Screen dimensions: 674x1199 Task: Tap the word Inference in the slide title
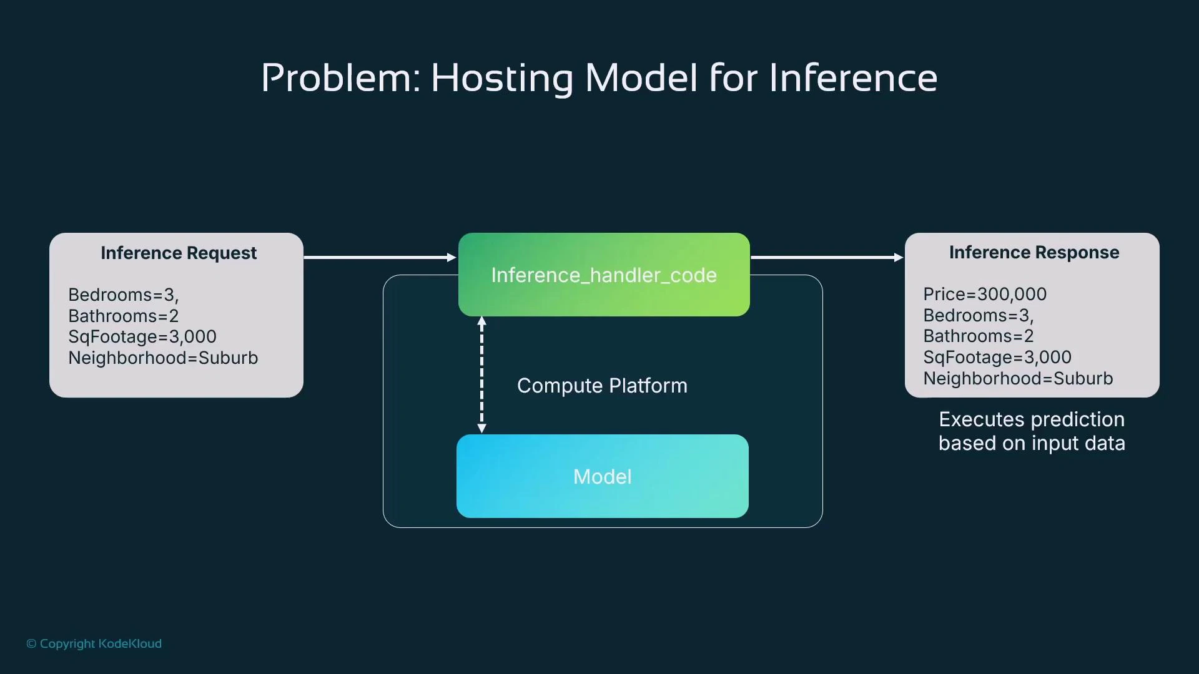tap(852, 79)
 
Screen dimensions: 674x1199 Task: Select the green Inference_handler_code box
tap(603, 275)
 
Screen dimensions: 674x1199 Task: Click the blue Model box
tap(602, 477)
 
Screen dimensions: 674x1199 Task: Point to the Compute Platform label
tap(602, 386)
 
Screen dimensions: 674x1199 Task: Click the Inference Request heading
tap(179, 253)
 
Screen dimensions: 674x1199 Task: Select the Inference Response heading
tap(1034, 253)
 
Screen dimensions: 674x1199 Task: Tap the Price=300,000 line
tap(985, 294)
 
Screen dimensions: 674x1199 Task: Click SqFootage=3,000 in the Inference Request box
tap(142, 337)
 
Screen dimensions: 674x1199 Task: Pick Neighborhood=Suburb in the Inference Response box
tap(1018, 379)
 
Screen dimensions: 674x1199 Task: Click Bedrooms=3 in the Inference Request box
tap(123, 295)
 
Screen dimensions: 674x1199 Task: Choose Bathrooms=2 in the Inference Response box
tap(978, 336)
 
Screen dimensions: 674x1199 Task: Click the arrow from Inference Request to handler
tap(380, 257)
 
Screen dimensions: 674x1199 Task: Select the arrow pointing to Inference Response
tap(826, 257)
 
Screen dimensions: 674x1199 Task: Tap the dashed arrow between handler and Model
tap(481, 374)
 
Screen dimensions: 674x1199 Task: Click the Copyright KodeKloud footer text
tap(94, 643)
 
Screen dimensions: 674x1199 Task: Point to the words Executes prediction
tap(1031, 419)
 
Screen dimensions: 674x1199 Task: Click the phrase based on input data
tap(1031, 443)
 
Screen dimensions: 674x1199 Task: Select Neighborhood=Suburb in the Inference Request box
tap(163, 358)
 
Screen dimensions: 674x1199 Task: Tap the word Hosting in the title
tap(501, 79)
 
